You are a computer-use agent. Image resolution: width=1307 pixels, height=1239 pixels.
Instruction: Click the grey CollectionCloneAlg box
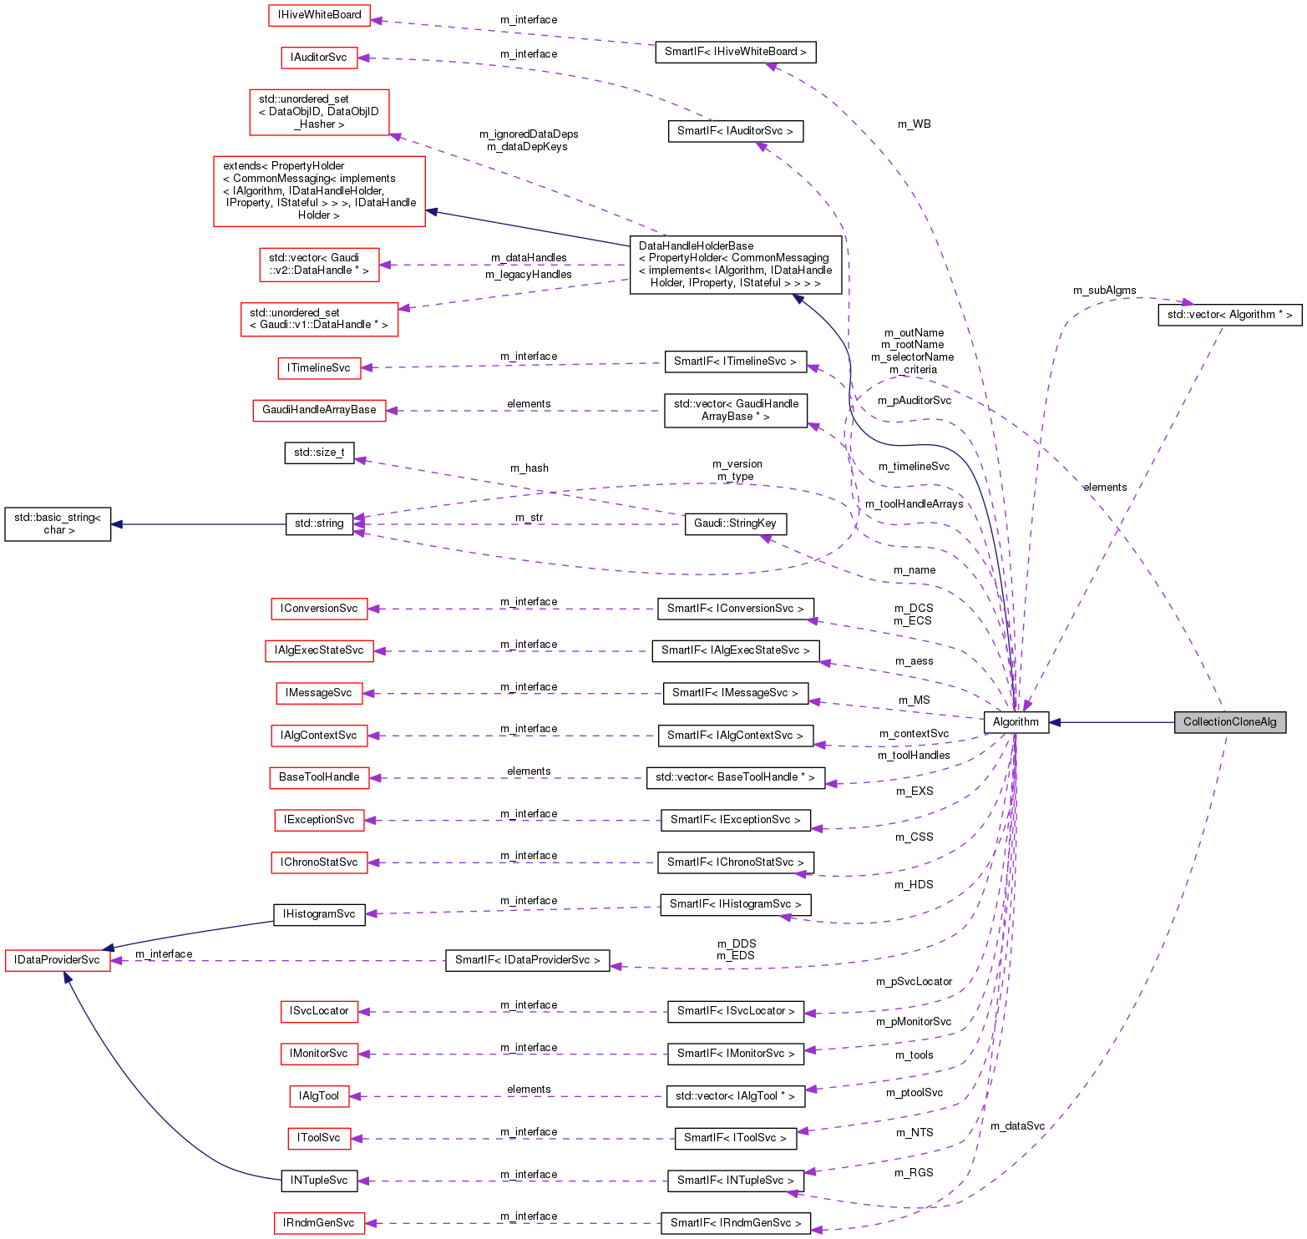(1229, 722)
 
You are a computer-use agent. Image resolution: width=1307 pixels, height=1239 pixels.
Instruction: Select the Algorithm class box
(1016, 722)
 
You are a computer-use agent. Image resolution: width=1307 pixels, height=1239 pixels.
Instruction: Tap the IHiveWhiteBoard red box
(319, 15)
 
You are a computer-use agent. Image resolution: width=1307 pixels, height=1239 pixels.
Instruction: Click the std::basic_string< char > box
(58, 524)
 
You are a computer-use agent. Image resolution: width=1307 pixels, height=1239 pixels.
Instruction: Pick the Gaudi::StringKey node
(735, 523)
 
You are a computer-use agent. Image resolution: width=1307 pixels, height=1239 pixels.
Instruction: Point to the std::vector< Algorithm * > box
(1229, 315)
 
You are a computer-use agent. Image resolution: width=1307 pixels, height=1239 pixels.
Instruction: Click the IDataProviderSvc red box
(58, 960)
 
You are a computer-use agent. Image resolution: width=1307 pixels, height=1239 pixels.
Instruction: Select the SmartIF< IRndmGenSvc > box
(735, 1223)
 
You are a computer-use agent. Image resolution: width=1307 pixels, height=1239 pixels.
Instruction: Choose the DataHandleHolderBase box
(735, 265)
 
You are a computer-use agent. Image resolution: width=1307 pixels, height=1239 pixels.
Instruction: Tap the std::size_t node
(319, 453)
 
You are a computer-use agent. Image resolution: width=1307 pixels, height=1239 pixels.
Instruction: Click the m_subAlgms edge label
(1104, 291)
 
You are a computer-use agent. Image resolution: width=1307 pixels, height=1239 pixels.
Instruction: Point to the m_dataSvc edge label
(1017, 1126)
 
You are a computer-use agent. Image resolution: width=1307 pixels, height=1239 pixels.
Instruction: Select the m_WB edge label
(914, 124)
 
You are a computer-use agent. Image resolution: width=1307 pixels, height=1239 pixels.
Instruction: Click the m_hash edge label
(529, 468)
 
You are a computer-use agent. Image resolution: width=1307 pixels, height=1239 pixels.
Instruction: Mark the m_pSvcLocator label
(914, 982)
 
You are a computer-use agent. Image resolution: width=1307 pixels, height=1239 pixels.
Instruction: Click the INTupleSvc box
(319, 1181)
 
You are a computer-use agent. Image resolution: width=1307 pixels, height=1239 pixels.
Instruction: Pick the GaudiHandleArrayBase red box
(319, 410)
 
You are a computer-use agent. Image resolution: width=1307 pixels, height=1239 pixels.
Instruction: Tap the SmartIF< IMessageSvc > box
(735, 693)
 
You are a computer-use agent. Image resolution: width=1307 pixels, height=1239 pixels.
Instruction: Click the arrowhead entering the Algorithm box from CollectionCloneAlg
(1056, 722)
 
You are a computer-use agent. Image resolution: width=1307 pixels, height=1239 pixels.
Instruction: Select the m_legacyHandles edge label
(529, 275)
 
